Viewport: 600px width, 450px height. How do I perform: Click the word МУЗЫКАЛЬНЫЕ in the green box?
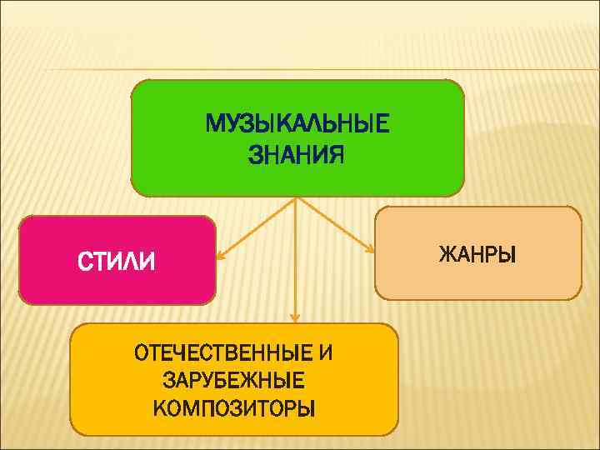tap(297, 125)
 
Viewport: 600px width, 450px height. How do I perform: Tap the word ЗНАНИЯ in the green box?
tap(296, 154)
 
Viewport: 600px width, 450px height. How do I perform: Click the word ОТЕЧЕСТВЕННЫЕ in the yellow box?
tap(224, 352)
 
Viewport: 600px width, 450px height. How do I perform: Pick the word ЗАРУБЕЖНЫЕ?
tap(234, 381)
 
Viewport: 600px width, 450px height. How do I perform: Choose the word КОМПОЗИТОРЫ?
tap(234, 408)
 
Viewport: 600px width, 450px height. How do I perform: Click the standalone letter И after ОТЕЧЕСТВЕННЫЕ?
tap(325, 352)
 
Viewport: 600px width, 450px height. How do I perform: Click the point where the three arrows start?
tap(297, 197)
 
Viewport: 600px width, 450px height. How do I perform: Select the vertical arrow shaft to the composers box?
tap(296, 258)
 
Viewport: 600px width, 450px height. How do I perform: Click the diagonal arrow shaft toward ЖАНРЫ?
tap(333, 223)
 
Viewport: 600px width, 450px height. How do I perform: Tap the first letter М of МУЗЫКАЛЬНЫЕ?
tap(214, 125)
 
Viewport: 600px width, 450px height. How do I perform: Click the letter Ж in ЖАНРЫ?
tap(446, 253)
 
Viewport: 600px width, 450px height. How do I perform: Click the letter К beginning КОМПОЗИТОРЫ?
tap(160, 408)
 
